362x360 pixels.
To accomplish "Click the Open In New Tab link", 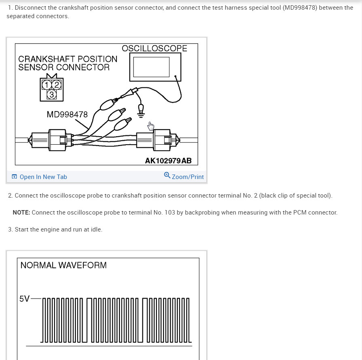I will [x=43, y=177].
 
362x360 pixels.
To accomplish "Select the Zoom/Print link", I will [x=187, y=177].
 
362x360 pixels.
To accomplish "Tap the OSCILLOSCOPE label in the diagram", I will [x=155, y=48].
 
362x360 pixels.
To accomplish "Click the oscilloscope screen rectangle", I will [x=151, y=67].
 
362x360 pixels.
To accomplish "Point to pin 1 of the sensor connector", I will [x=47, y=85].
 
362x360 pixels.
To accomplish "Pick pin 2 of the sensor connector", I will [x=57, y=85].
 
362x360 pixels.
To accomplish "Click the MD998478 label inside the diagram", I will [x=67, y=114].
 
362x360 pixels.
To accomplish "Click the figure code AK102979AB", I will [x=168, y=160].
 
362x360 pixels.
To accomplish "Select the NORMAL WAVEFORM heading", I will [x=64, y=265].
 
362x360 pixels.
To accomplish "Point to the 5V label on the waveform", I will [x=24, y=299].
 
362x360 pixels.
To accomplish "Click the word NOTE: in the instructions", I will [x=21, y=213].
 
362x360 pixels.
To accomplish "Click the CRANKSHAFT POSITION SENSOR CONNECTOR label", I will [x=68, y=63].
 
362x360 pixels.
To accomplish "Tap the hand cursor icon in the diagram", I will [x=151, y=126].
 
